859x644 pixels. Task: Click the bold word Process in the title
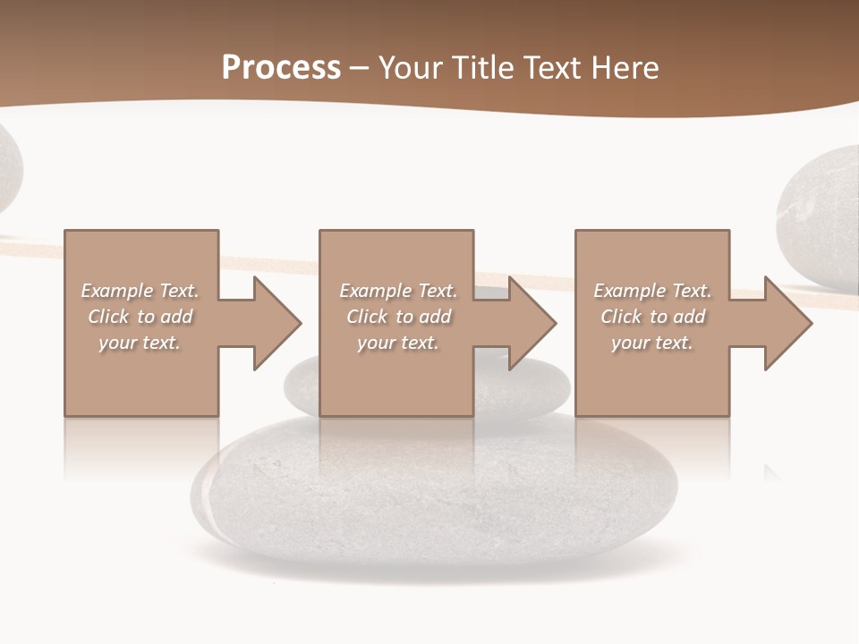(x=281, y=68)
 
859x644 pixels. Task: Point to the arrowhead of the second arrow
(x=532, y=323)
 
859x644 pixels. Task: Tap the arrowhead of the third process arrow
(x=787, y=323)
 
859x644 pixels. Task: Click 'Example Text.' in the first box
(x=140, y=291)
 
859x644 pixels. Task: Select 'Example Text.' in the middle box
(x=398, y=291)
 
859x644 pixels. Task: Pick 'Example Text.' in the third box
(x=652, y=291)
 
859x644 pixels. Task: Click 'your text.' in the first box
(x=140, y=343)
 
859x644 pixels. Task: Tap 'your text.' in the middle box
(x=398, y=343)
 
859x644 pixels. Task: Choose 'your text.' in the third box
(x=652, y=343)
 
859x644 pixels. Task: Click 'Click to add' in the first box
(x=140, y=317)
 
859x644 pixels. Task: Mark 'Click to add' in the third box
(x=653, y=317)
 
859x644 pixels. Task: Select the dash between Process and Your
(x=360, y=68)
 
